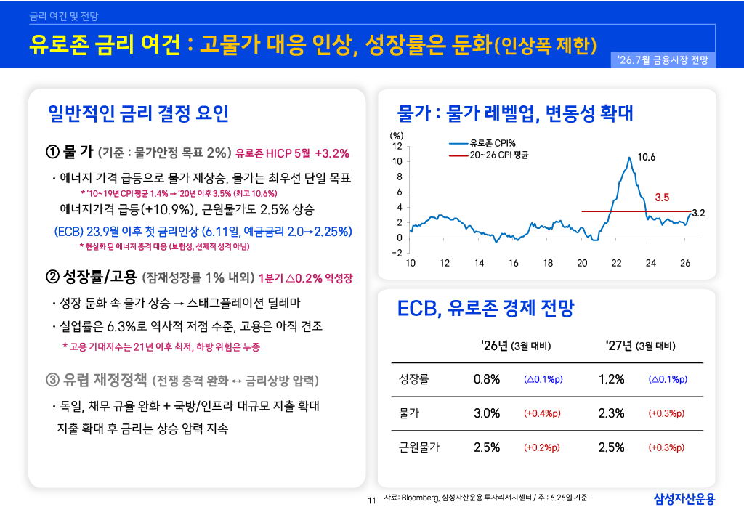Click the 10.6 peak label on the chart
(646, 157)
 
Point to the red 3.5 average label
(662, 198)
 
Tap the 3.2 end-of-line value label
(698, 213)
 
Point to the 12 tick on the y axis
(397, 146)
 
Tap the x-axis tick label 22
(616, 263)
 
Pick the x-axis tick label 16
(514, 263)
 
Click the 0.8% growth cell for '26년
(487, 379)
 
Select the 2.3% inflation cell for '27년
(612, 413)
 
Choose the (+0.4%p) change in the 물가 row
(542, 413)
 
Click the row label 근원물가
(419, 447)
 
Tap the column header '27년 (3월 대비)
(641, 346)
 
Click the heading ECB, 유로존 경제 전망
(485, 308)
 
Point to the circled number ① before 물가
(52, 153)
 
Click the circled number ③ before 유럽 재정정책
(52, 380)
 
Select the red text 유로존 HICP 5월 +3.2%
(292, 154)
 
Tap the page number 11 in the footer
(372, 500)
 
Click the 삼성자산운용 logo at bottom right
(684, 499)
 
